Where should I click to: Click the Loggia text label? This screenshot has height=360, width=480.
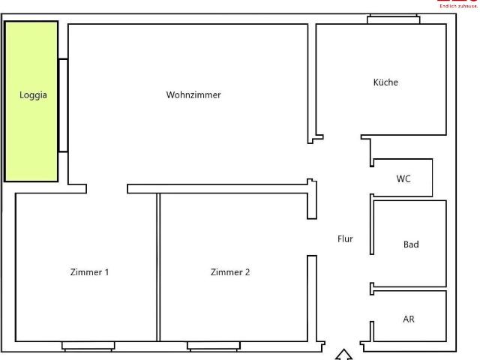(x=32, y=95)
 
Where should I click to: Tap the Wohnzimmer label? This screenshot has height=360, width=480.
(x=193, y=94)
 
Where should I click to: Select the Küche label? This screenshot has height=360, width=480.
(x=385, y=82)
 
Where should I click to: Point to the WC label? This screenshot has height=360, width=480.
(x=403, y=178)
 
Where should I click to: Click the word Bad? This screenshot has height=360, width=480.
(x=411, y=244)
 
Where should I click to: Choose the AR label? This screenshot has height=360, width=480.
(x=409, y=319)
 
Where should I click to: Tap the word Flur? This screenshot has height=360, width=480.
(x=345, y=239)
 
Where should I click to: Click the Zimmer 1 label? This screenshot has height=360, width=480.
(x=89, y=271)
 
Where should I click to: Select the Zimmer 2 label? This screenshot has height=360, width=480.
(x=230, y=271)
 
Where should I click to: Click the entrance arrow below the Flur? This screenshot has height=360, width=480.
(x=343, y=355)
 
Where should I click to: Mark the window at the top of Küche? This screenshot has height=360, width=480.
(x=393, y=19)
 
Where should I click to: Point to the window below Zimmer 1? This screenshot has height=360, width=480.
(x=88, y=346)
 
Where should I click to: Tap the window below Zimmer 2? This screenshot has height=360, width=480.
(x=214, y=346)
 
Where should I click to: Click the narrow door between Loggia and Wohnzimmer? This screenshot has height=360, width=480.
(x=63, y=105)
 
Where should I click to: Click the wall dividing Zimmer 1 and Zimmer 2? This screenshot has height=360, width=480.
(x=158, y=266)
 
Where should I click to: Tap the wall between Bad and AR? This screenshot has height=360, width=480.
(x=409, y=289)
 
